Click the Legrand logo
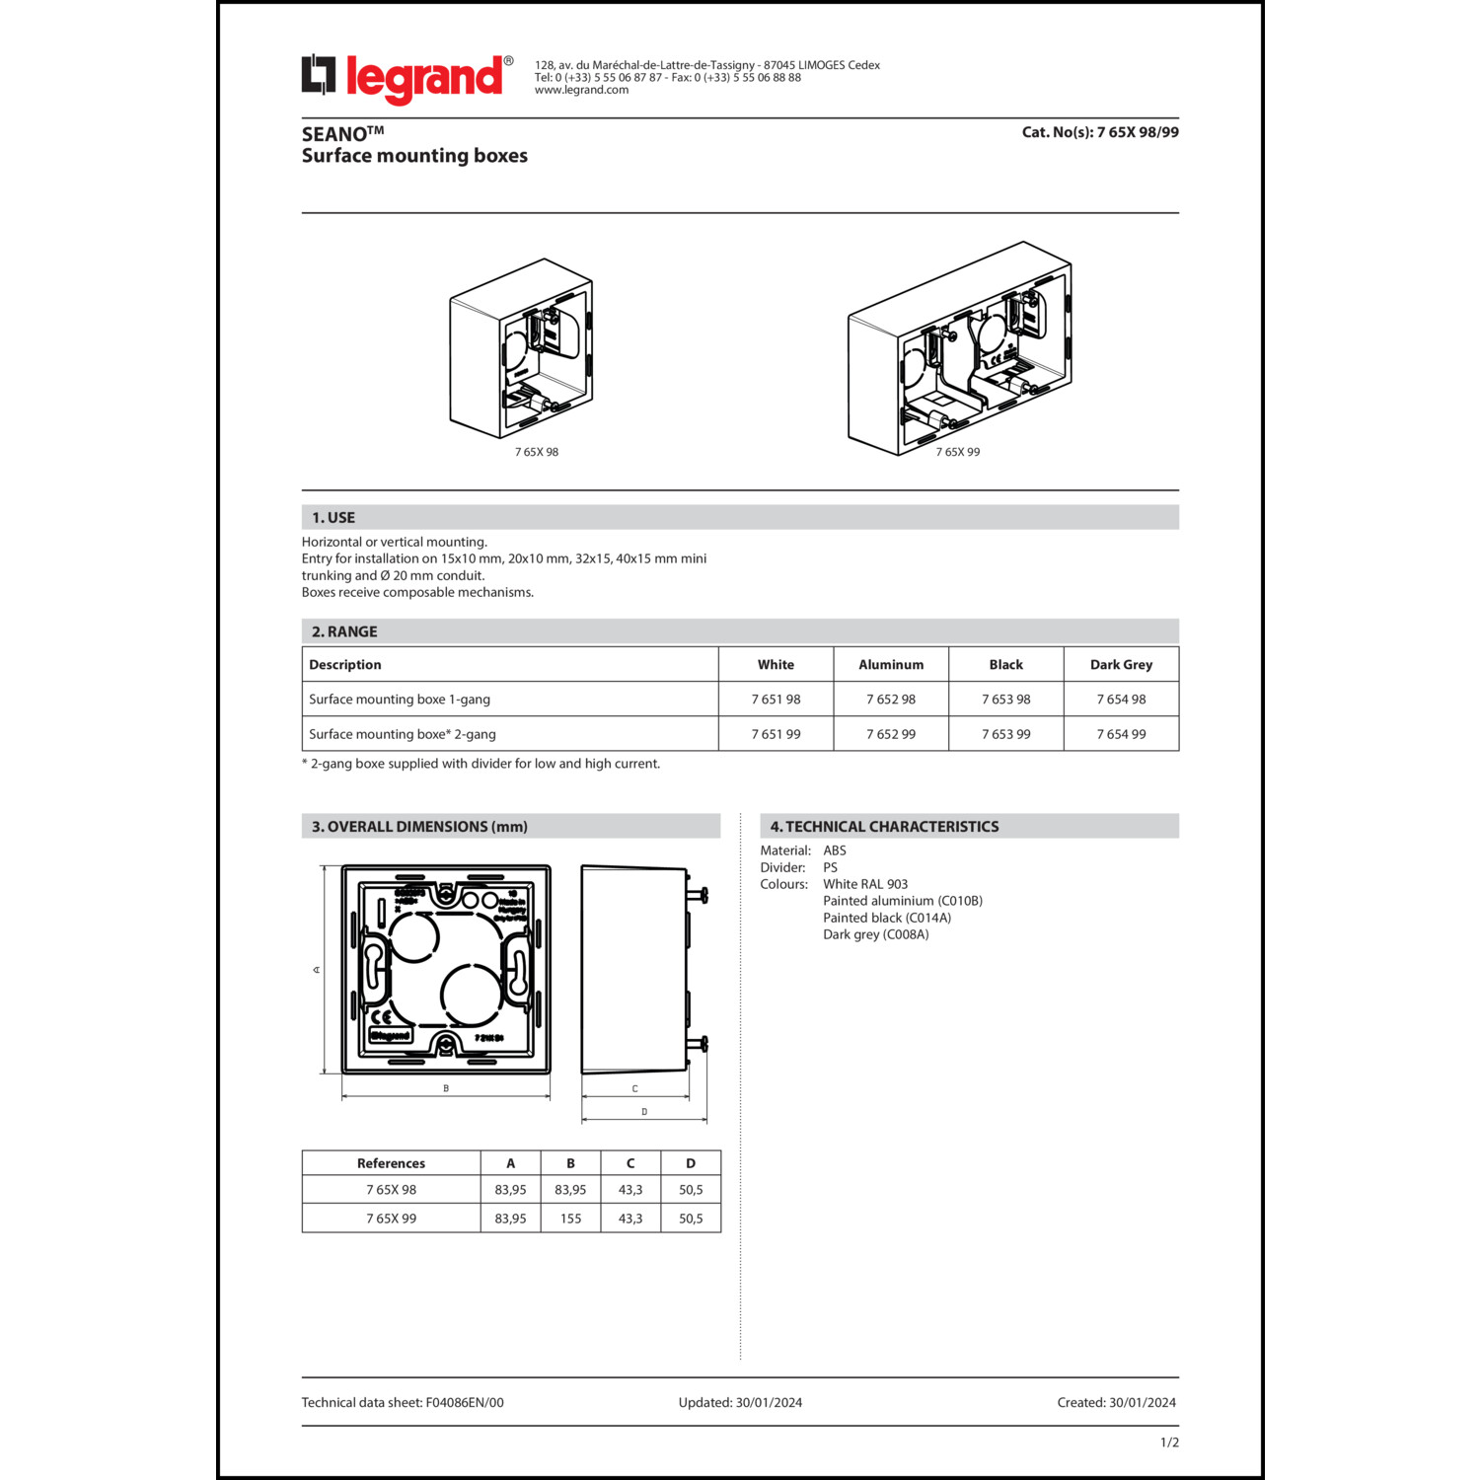pyautogui.click(x=407, y=79)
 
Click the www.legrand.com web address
pyautogui.click(x=581, y=90)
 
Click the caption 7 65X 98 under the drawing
pyautogui.click(x=536, y=452)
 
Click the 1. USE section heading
pyautogui.click(x=333, y=517)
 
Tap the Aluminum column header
pyautogui.click(x=890, y=665)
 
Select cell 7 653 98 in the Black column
pyautogui.click(x=1005, y=700)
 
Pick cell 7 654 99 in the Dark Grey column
pyautogui.click(x=1121, y=734)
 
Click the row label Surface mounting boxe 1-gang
pyautogui.click(x=399, y=700)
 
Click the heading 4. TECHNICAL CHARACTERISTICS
pyautogui.click(x=884, y=827)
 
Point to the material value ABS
pyautogui.click(x=835, y=851)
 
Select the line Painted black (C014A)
pyautogui.click(x=887, y=918)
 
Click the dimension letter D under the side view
pyautogui.click(x=644, y=1112)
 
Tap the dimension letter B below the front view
pyautogui.click(x=446, y=1088)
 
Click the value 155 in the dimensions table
pyautogui.click(x=570, y=1219)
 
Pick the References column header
pyautogui.click(x=391, y=1163)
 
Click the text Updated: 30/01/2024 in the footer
pyautogui.click(x=740, y=1402)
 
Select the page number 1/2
pyautogui.click(x=1169, y=1443)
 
